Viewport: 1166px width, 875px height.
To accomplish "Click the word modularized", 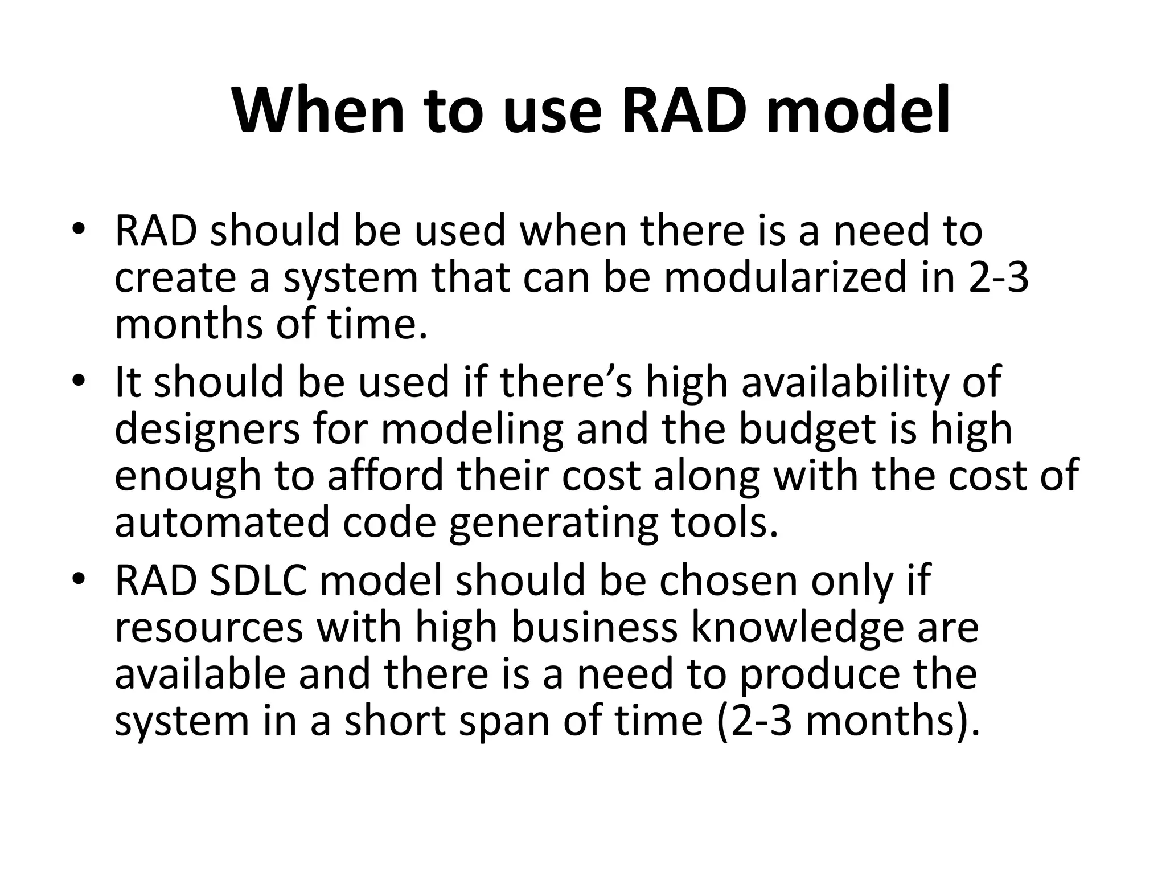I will pos(785,278).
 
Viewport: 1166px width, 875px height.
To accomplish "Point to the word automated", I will pos(222,523).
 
